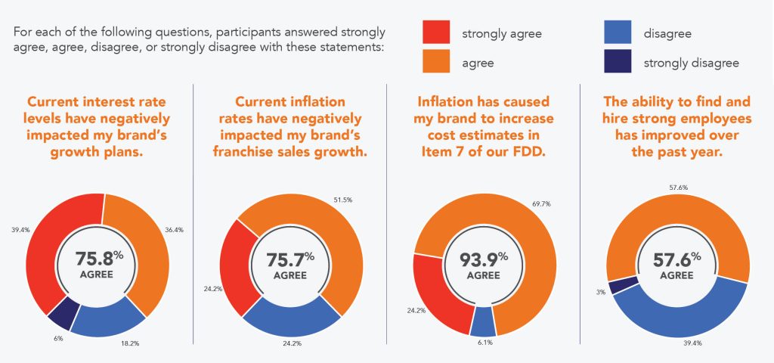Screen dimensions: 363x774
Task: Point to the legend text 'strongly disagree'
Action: [691, 64]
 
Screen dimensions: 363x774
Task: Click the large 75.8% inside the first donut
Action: [95, 259]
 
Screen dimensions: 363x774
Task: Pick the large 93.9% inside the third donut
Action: [481, 259]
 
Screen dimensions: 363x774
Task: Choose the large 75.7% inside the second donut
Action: [288, 259]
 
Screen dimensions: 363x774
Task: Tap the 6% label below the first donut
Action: [58, 338]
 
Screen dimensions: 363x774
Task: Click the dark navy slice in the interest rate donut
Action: [62, 310]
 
